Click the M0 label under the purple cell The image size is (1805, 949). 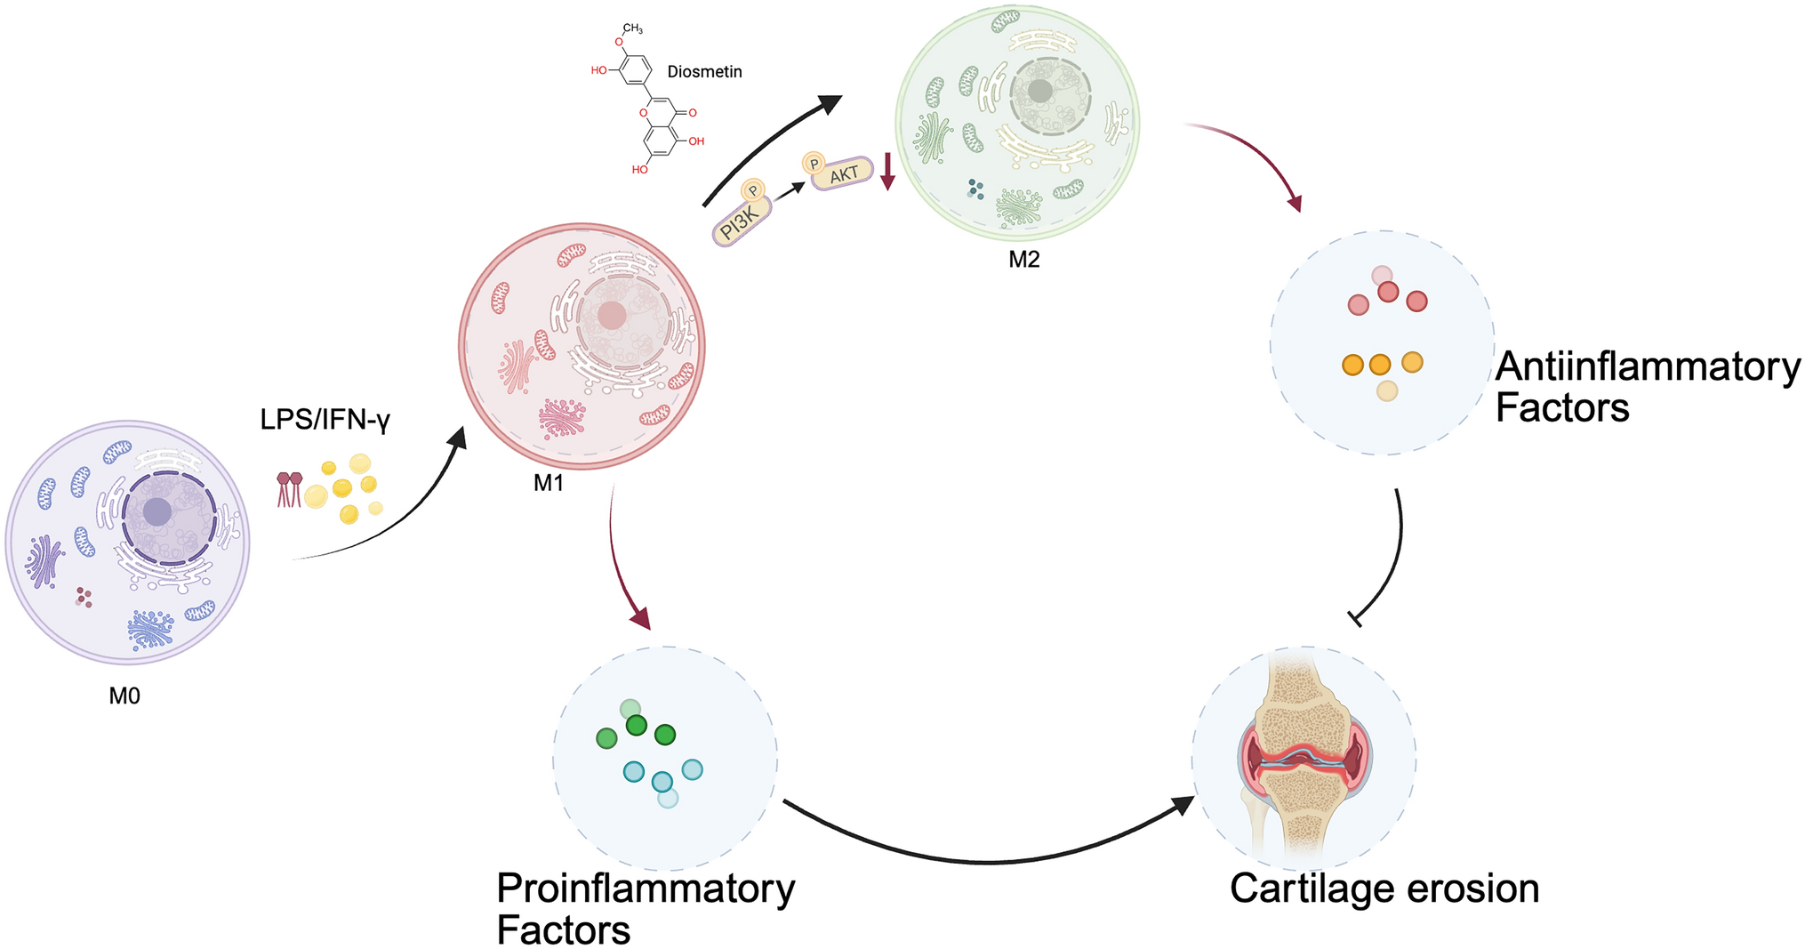pyautogui.click(x=124, y=696)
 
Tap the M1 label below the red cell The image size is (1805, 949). pyautogui.click(x=549, y=483)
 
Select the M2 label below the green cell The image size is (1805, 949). pyautogui.click(x=1023, y=259)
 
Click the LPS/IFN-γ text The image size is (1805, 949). pyautogui.click(x=325, y=419)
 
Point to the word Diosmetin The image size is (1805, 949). pyautogui.click(x=704, y=71)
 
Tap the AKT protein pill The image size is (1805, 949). pyautogui.click(x=843, y=174)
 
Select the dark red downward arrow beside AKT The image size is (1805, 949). pyautogui.click(x=886, y=172)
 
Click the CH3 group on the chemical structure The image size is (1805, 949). pyautogui.click(x=632, y=28)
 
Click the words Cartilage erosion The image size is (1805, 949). pyautogui.click(x=1384, y=889)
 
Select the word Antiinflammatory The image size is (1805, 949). pyautogui.click(x=1648, y=366)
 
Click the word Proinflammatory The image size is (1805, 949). pyautogui.click(x=646, y=888)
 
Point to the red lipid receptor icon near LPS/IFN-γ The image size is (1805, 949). pyautogui.click(x=289, y=489)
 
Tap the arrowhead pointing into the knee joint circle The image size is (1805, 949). pyautogui.click(x=1183, y=805)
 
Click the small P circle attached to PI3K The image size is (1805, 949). pyautogui.click(x=753, y=190)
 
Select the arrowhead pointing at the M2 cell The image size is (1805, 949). pyautogui.click(x=829, y=104)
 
